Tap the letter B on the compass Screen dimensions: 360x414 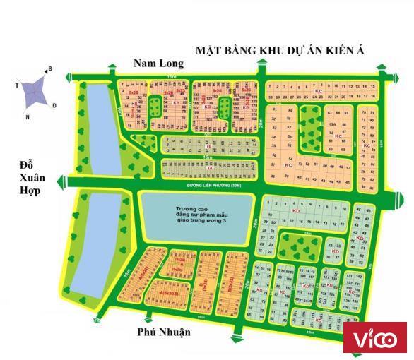coord(49,69)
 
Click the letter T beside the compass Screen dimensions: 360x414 coord(16,83)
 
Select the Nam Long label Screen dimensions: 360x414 coord(158,64)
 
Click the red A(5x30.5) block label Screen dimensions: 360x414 coord(167,292)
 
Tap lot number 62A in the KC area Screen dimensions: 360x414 coord(331,124)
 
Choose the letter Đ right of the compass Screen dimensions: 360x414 coord(55,105)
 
